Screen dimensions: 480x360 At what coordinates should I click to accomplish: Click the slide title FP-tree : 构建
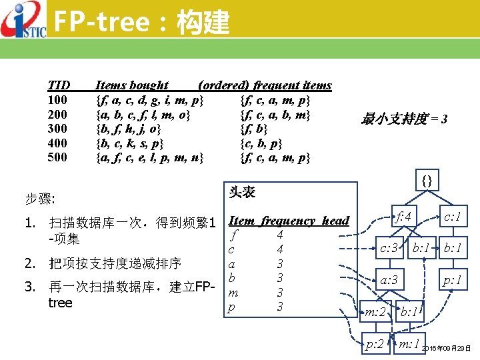pos(141,23)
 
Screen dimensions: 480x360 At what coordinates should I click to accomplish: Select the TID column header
pos(59,85)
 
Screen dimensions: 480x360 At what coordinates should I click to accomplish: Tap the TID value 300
pos(57,127)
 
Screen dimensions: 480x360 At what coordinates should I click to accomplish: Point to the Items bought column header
pos(131,85)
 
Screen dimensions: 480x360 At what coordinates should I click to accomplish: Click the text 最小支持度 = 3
pos(404,120)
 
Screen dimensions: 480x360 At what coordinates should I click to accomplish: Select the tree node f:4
pos(405,217)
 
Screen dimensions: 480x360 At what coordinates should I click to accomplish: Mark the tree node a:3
pos(389,280)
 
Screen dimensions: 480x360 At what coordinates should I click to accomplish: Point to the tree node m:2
pos(375,311)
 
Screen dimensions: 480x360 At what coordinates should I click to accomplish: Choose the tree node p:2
pos(375,344)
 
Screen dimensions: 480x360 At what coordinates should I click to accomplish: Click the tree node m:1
pos(408,344)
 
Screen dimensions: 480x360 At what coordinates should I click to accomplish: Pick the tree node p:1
pos(454,280)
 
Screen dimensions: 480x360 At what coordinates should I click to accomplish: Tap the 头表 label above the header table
pos(241,192)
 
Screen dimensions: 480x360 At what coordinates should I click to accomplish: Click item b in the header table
pos(231,277)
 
